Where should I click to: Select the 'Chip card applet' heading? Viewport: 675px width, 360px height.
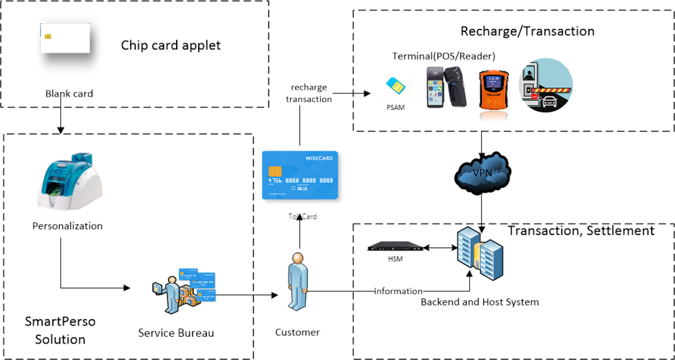coord(171,45)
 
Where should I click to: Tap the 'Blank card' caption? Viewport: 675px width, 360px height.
coord(69,93)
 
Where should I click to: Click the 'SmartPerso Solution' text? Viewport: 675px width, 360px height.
coord(60,330)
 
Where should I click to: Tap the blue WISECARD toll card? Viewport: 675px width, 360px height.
coord(300,176)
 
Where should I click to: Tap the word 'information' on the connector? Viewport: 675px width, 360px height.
coord(398,291)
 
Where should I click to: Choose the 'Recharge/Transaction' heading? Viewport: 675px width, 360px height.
coord(527,31)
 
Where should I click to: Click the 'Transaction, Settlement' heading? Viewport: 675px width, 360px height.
coord(581,231)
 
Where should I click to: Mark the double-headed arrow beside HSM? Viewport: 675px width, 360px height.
coord(439,247)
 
